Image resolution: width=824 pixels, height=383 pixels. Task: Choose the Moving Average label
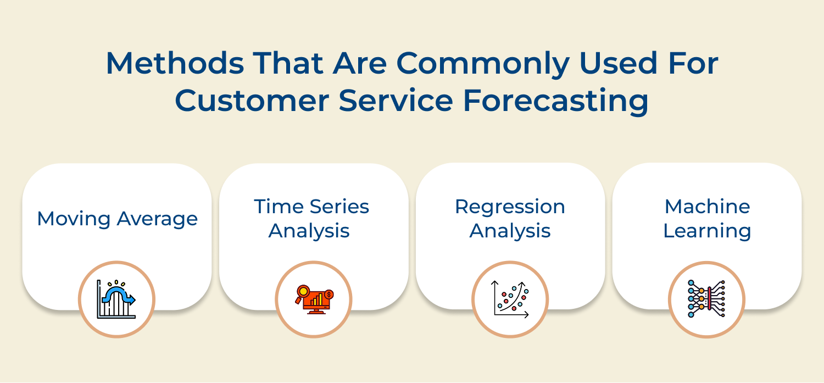click(117, 219)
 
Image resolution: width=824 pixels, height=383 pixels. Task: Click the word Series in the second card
click(339, 207)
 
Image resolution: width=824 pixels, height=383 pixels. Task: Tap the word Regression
click(510, 207)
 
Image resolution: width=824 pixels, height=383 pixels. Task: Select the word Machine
click(707, 207)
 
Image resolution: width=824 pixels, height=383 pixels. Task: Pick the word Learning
click(707, 231)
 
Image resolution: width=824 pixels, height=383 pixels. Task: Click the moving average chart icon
click(116, 299)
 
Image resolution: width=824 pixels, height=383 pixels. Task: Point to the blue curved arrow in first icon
click(121, 295)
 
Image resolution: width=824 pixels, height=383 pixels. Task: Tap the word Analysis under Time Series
click(309, 231)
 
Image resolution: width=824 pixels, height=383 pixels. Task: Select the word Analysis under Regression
click(510, 231)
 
